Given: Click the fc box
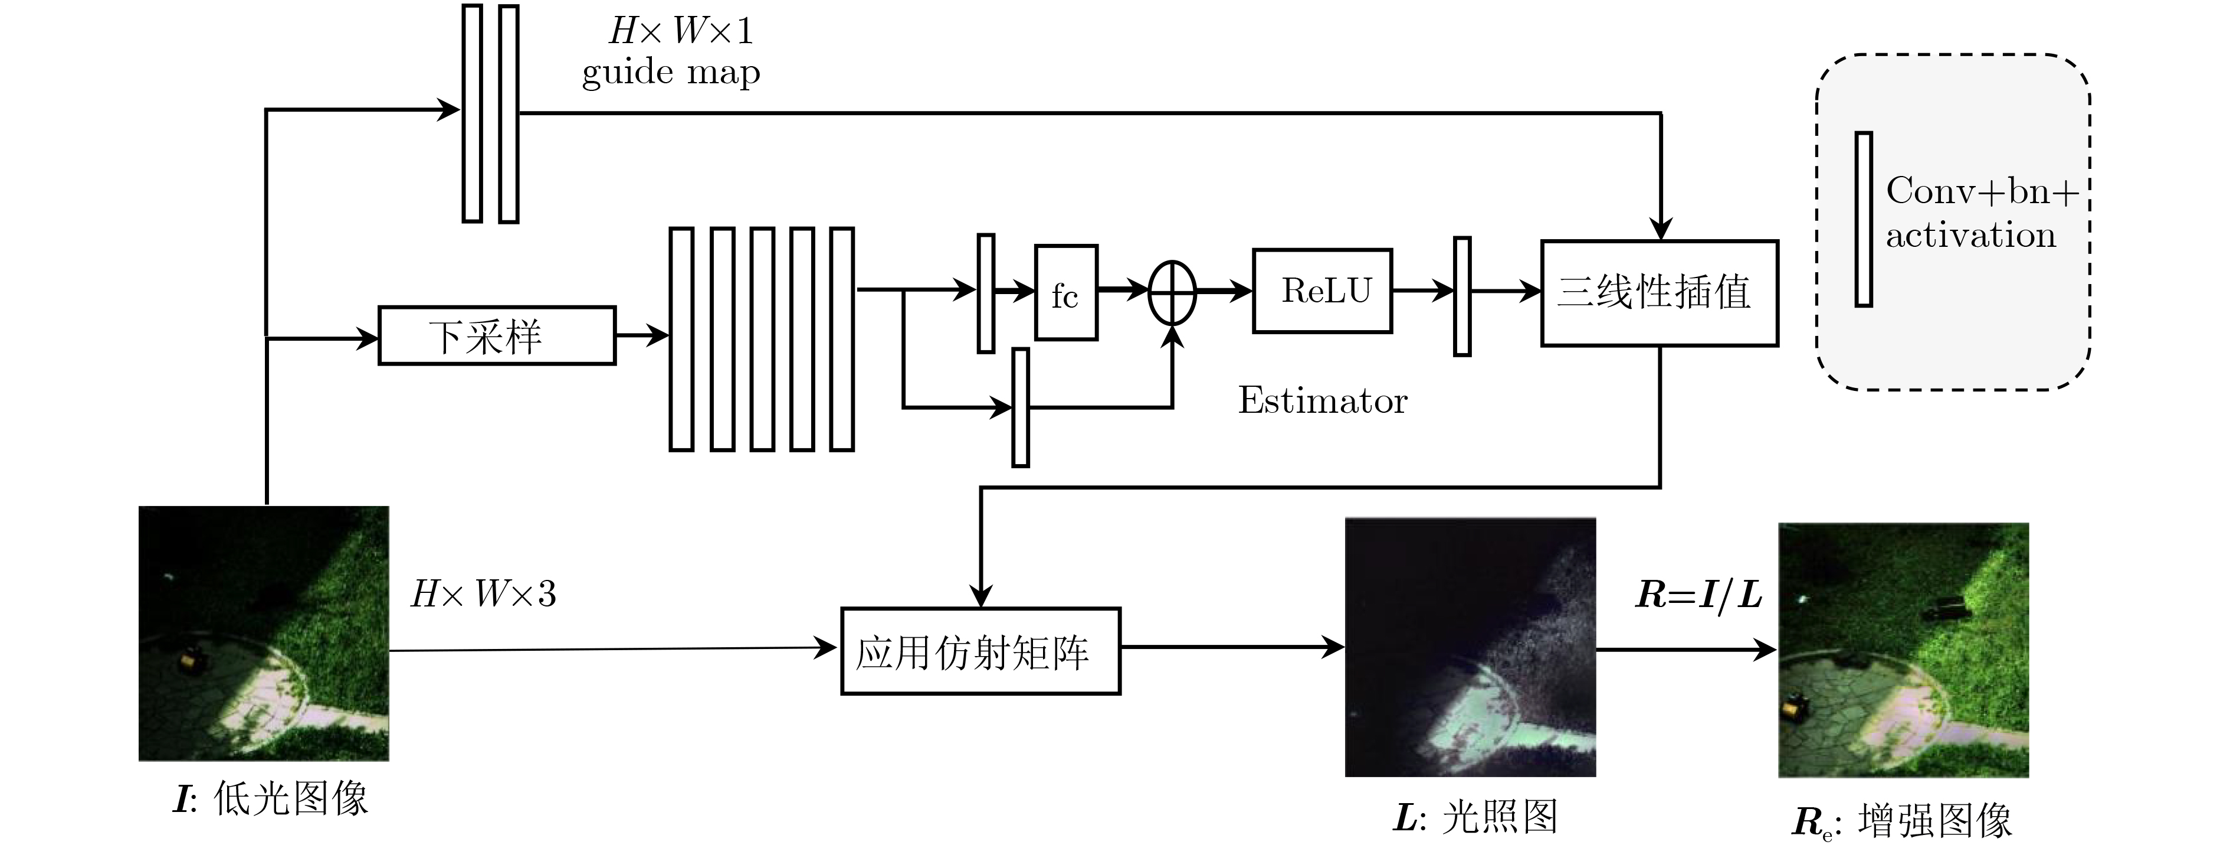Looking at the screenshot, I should [1065, 293].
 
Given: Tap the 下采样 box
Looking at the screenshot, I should [497, 335].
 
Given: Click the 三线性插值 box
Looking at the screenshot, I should [1659, 293].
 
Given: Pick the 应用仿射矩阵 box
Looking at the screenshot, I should [980, 651].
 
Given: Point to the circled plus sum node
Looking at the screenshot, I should [1172, 293].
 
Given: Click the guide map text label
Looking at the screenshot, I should [671, 73].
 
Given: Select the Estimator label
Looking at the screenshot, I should [1322, 400].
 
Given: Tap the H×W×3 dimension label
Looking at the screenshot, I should [483, 594].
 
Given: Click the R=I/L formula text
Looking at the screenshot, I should [1698, 594].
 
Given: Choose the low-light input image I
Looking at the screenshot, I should [264, 633].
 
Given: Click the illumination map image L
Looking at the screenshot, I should [1470, 647].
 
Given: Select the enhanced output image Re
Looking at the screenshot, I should [1903, 650].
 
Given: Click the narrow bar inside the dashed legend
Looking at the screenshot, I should [1863, 219].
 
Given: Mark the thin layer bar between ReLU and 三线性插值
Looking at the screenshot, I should [1462, 296].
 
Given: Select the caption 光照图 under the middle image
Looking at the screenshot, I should [1500, 816].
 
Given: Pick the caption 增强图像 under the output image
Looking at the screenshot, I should [1936, 820].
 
